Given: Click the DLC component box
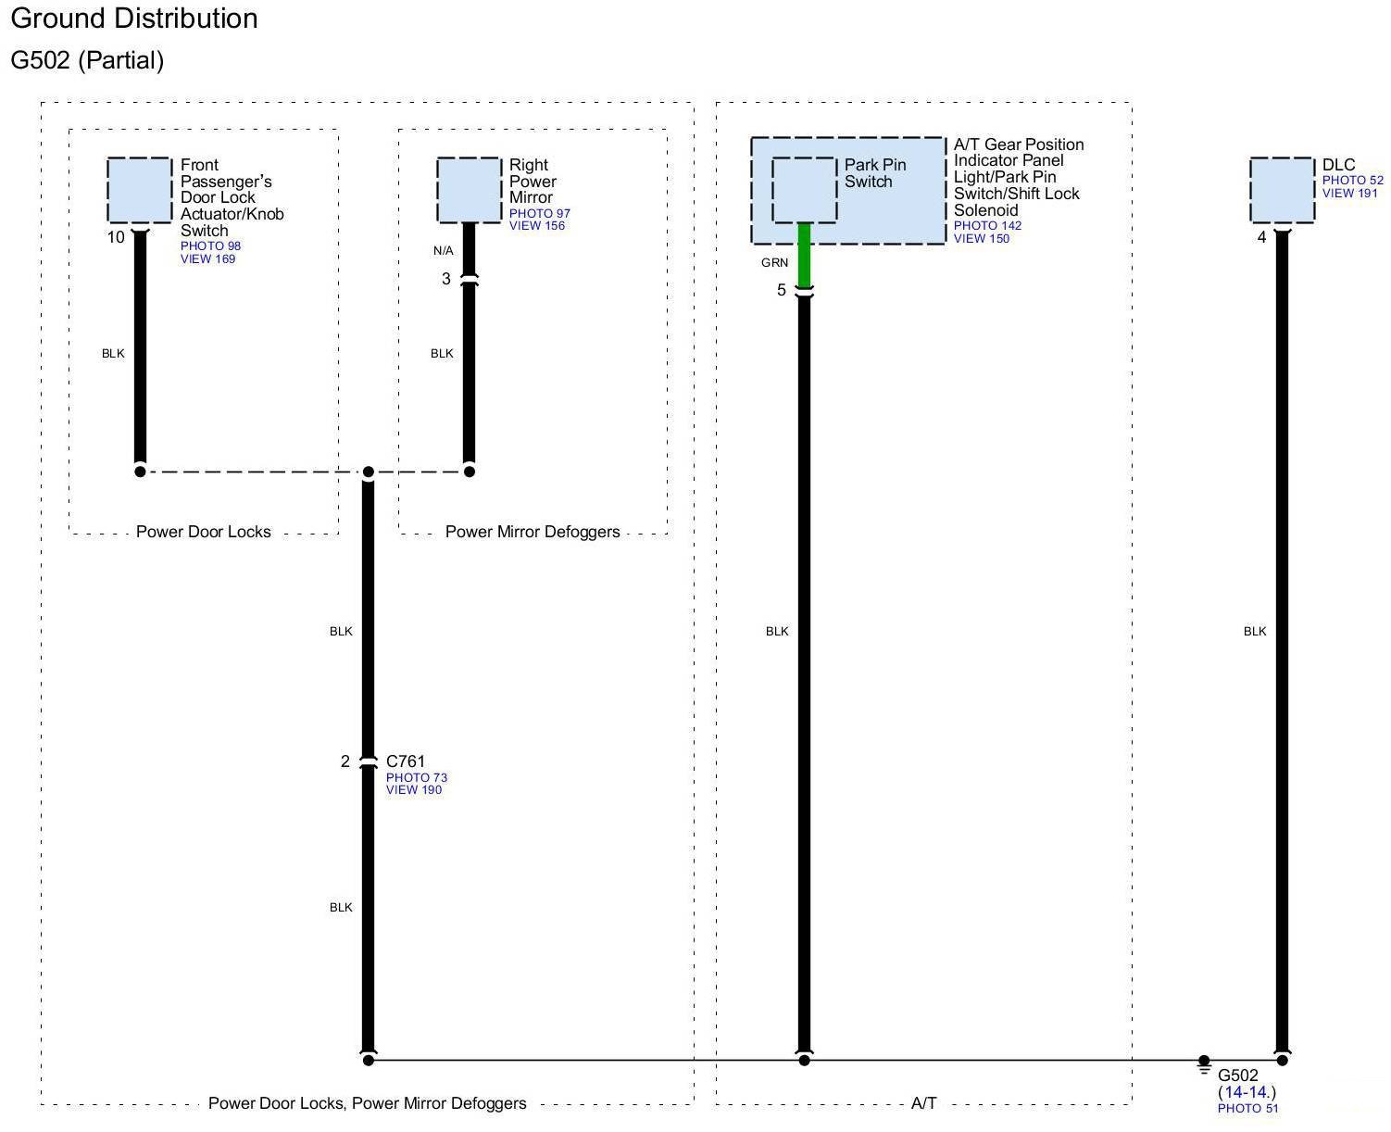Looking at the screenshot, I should coord(1282,190).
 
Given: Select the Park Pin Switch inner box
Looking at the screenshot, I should coord(804,190).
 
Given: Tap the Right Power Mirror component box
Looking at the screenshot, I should coord(469,190).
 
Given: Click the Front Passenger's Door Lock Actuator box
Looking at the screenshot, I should coord(140,190).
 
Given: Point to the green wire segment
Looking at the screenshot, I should coord(804,255).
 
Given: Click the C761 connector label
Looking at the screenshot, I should coord(406,761).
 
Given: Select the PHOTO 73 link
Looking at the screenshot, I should coord(416,778).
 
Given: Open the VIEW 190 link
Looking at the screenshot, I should coord(414,790).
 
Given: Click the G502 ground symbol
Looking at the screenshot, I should coord(1203,1066).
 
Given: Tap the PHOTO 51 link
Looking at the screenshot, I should coord(1247,1109).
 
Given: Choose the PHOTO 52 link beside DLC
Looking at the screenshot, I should coord(1352,181).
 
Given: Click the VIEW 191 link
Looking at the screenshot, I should coord(1349,194).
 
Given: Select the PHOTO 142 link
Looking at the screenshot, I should coord(987,226).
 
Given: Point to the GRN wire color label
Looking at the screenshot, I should coord(774,263).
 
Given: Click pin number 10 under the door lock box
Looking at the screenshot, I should coord(116,237).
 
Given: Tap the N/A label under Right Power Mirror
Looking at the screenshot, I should coord(444,251).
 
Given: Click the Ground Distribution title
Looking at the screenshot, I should coord(134,19).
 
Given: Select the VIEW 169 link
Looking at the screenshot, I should coord(207,259).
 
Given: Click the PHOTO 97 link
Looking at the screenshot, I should coord(539,214).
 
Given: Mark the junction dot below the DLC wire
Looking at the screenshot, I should coord(1282,1060).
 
